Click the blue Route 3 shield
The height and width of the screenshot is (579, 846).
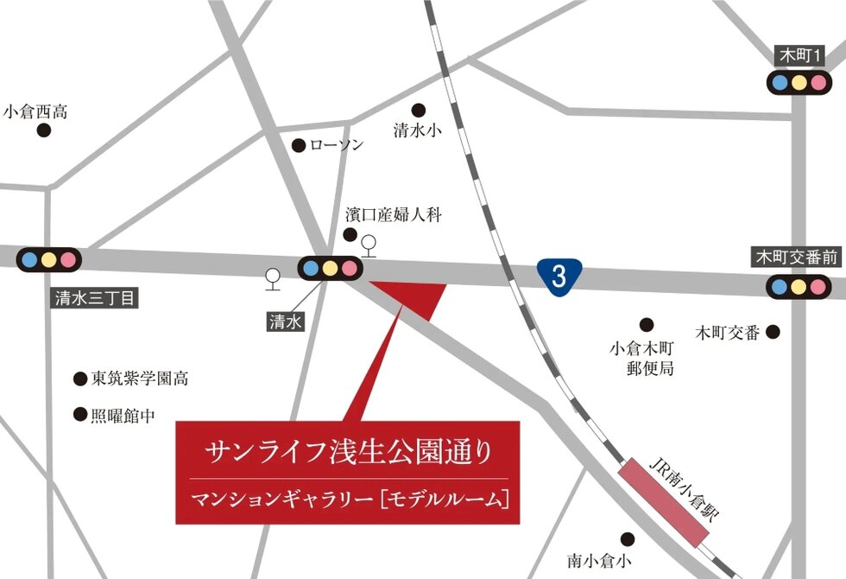point(559,276)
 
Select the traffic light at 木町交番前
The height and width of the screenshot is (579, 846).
point(799,286)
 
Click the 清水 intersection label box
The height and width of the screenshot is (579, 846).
point(285,321)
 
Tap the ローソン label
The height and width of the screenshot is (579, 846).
point(337,145)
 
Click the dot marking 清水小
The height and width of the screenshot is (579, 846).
point(419,110)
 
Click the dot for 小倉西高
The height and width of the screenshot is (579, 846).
point(43,130)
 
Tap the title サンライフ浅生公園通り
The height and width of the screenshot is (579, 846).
point(348,450)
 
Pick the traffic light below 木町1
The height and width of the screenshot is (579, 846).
point(799,83)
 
